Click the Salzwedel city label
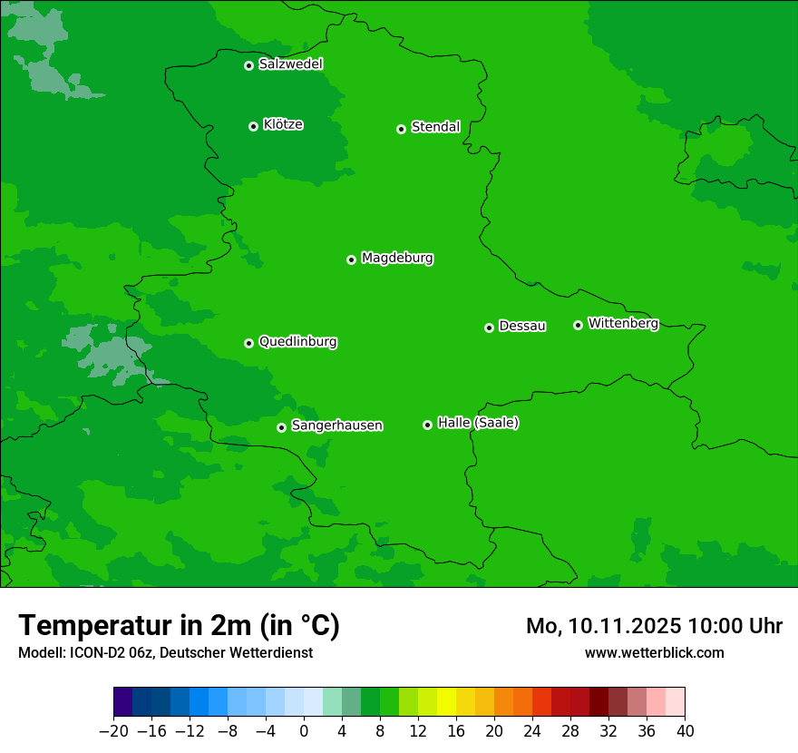tap(290, 64)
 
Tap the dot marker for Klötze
tap(253, 126)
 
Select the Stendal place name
tap(435, 127)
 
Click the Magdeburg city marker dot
tap(351, 259)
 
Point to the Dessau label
tap(522, 326)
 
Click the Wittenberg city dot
tap(578, 325)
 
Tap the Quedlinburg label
tap(297, 342)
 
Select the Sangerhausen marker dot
tap(281, 427)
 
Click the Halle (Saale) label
tap(478, 423)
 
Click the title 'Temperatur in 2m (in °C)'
tap(179, 626)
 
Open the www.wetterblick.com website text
tap(654, 652)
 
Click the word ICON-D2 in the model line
tap(96, 652)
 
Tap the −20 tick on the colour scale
tap(113, 731)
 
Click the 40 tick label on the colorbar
tap(685, 731)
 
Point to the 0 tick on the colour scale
tap(304, 731)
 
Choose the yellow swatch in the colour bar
tap(446, 702)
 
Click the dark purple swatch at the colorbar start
tap(122, 702)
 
